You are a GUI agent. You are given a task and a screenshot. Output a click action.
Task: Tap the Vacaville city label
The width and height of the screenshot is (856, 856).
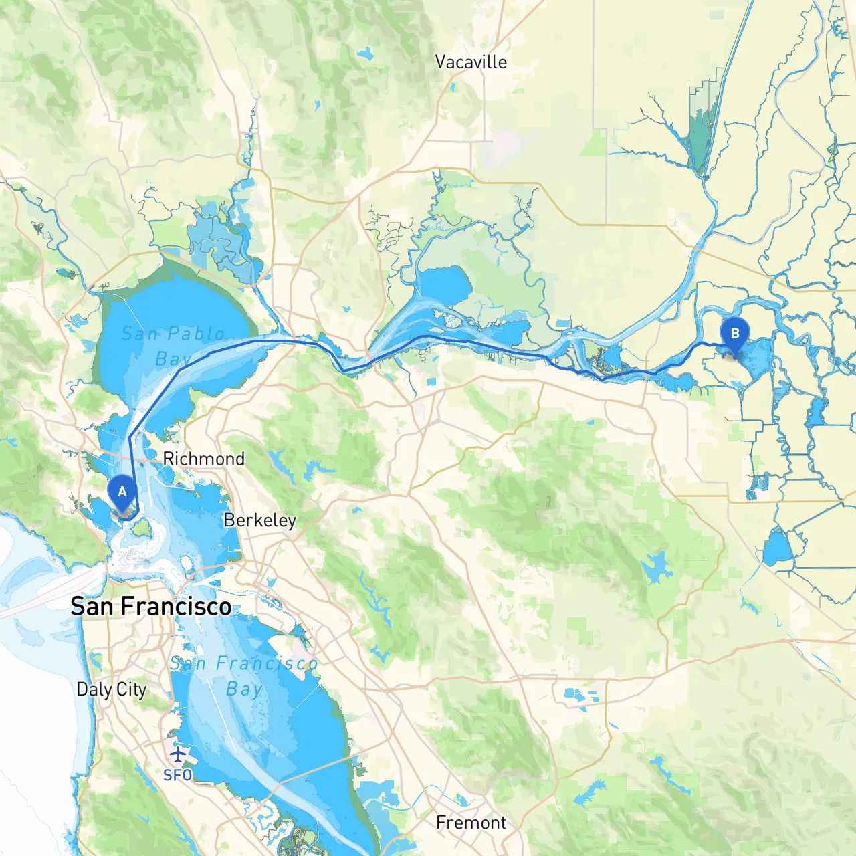[x=471, y=62]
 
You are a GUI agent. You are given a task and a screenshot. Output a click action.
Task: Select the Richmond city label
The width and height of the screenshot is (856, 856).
[x=203, y=459]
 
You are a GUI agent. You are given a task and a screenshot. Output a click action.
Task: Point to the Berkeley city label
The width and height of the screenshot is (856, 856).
[x=259, y=520]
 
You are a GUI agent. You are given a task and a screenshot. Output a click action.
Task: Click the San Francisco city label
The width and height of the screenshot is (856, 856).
[x=150, y=607]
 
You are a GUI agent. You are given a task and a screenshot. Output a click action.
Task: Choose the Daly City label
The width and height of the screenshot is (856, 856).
[x=111, y=689]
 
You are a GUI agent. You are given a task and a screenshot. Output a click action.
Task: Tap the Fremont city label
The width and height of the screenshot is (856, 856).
[x=471, y=823]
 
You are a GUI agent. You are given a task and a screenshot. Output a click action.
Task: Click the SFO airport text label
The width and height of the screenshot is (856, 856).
[x=177, y=775]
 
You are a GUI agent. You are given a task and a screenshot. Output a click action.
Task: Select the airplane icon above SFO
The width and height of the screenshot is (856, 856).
[x=177, y=755]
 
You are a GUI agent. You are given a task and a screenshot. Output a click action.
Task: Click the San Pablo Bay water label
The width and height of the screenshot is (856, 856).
[x=173, y=346]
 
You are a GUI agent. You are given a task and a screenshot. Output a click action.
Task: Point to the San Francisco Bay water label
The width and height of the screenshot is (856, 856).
[x=243, y=675]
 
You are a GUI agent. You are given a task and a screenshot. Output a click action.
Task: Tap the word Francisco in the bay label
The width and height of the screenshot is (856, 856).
[x=266, y=663]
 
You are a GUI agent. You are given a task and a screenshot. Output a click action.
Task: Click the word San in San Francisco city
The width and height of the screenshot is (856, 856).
[x=92, y=607]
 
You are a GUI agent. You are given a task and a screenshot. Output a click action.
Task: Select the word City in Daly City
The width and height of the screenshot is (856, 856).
[x=131, y=690]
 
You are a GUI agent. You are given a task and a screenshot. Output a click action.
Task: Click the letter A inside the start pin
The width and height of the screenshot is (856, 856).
[x=122, y=492]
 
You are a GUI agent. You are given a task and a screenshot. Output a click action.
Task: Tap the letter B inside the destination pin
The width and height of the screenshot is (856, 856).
[x=734, y=333]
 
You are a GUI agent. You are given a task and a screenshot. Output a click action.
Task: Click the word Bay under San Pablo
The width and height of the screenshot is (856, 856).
[x=173, y=360]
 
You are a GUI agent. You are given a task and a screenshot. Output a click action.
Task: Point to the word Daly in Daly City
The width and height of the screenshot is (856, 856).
[x=94, y=689]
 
